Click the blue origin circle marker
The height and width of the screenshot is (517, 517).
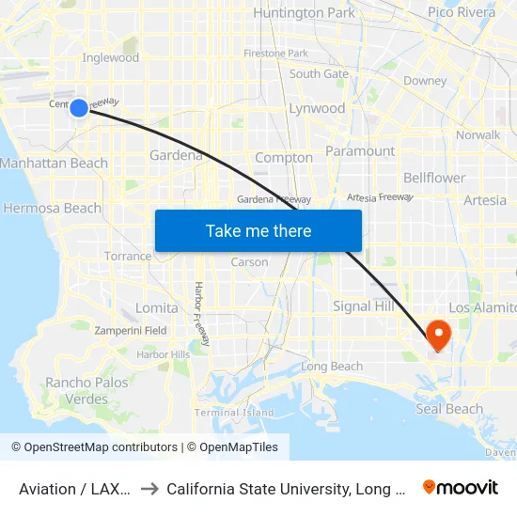tap(79, 108)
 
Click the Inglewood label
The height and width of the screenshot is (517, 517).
tap(111, 57)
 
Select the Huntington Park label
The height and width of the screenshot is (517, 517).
tap(304, 12)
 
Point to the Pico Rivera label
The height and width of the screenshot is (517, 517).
tap(461, 12)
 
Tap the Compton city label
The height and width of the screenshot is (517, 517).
tap(283, 157)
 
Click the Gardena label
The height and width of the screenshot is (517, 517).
tap(177, 155)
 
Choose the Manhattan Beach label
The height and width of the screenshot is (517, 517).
tap(55, 163)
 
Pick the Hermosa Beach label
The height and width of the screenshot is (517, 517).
tap(53, 208)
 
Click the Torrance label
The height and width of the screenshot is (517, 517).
tap(128, 256)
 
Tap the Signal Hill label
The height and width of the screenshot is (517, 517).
tap(364, 306)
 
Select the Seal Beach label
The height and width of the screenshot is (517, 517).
tap(449, 409)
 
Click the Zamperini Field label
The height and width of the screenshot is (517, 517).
tap(129, 331)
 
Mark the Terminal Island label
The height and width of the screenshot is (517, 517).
tap(234, 412)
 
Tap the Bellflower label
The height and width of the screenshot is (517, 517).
tap(434, 178)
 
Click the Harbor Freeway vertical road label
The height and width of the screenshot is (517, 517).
tap(199, 314)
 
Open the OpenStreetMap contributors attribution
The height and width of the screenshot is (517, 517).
tap(94, 447)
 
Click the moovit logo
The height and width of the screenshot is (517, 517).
tap(461, 487)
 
